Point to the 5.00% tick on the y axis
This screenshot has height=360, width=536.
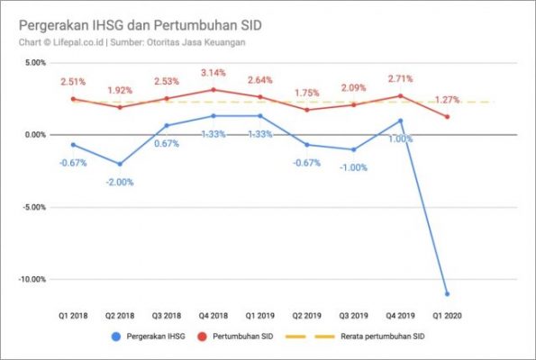click(32, 63)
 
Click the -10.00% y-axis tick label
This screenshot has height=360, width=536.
click(31, 279)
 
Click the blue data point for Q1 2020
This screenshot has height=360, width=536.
click(447, 293)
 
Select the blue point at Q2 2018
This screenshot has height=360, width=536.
click(120, 164)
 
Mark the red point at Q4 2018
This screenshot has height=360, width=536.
click(213, 90)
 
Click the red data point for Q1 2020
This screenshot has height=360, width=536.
click(447, 117)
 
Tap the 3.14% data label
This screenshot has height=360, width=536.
click(213, 72)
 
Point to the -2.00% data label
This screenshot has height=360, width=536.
click(120, 182)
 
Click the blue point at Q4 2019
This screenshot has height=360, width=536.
click(400, 121)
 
